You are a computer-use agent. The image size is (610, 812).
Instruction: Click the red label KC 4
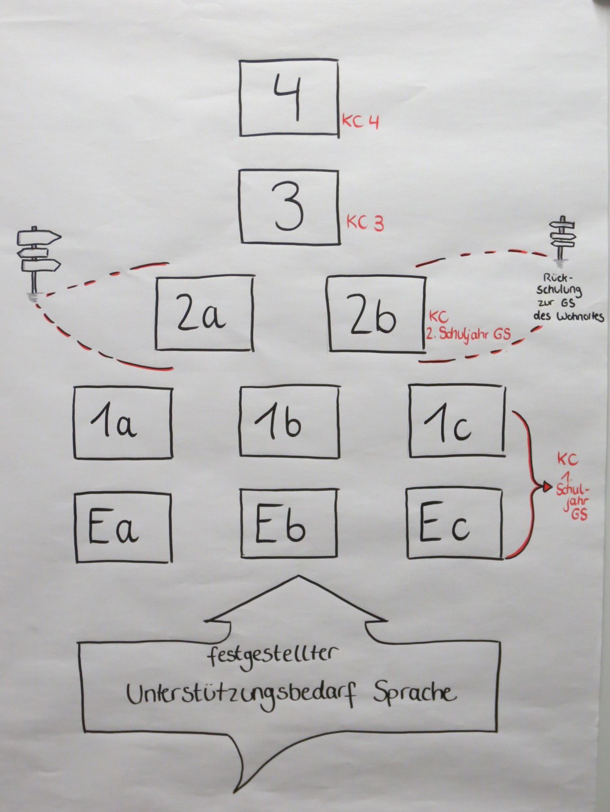click(x=361, y=122)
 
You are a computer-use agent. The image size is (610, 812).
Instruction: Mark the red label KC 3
click(x=365, y=223)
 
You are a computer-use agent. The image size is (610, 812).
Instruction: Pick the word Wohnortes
click(x=579, y=317)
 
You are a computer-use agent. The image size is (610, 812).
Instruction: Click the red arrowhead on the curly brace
click(x=547, y=486)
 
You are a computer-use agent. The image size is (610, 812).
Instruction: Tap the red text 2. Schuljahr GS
click(x=468, y=334)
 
